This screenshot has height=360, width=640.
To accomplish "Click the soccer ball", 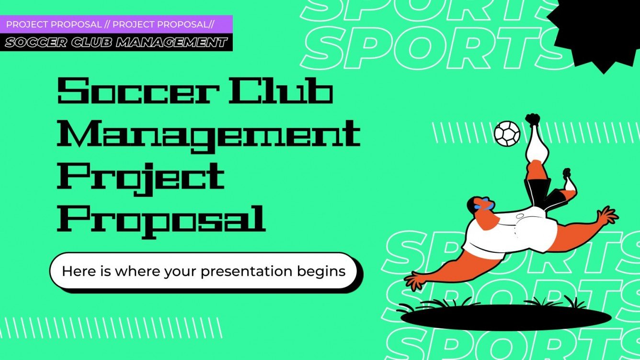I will [x=507, y=133].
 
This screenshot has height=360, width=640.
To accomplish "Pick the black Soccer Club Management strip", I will [x=117, y=43].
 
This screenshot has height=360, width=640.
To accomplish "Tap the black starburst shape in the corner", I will [x=599, y=29].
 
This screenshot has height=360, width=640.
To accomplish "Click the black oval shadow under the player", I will [x=505, y=317].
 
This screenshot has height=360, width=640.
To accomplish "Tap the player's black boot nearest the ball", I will [x=532, y=120].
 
